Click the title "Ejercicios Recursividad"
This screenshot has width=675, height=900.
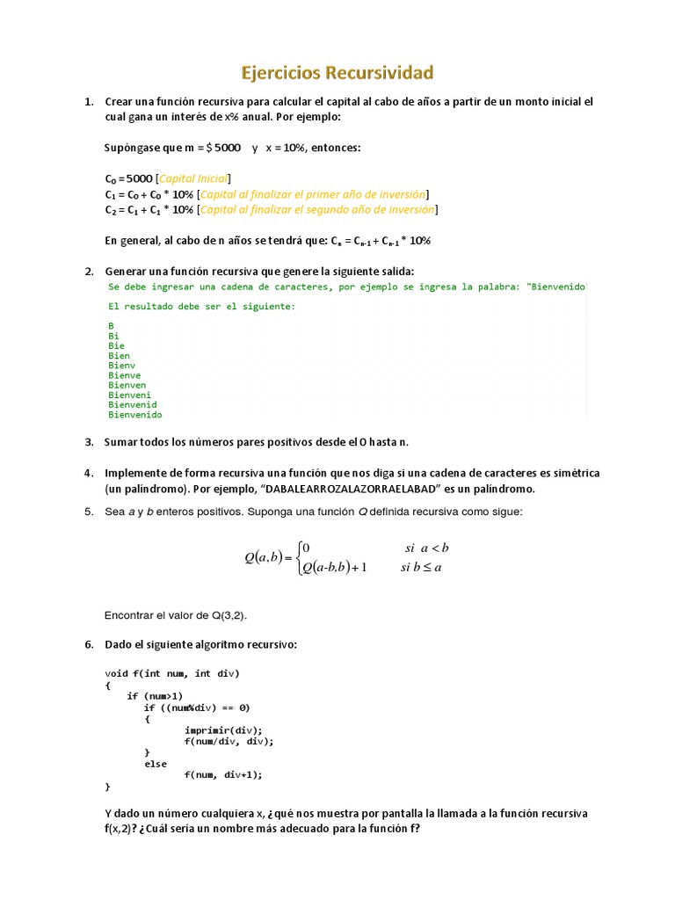[x=337, y=71]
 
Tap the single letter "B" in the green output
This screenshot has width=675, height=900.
[x=111, y=325]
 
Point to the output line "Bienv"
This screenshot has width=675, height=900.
[x=122, y=365]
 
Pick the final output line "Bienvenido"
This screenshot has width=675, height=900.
[x=135, y=415]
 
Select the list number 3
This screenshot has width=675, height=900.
[x=90, y=441]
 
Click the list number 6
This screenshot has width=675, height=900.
[x=90, y=644]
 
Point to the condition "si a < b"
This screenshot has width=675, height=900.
[x=426, y=548]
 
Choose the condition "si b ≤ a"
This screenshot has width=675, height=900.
[x=421, y=567]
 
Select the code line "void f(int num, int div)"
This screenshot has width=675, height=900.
[x=172, y=673]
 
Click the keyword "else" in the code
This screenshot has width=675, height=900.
[x=156, y=764]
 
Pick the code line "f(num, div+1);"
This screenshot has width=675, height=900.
[x=223, y=774]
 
